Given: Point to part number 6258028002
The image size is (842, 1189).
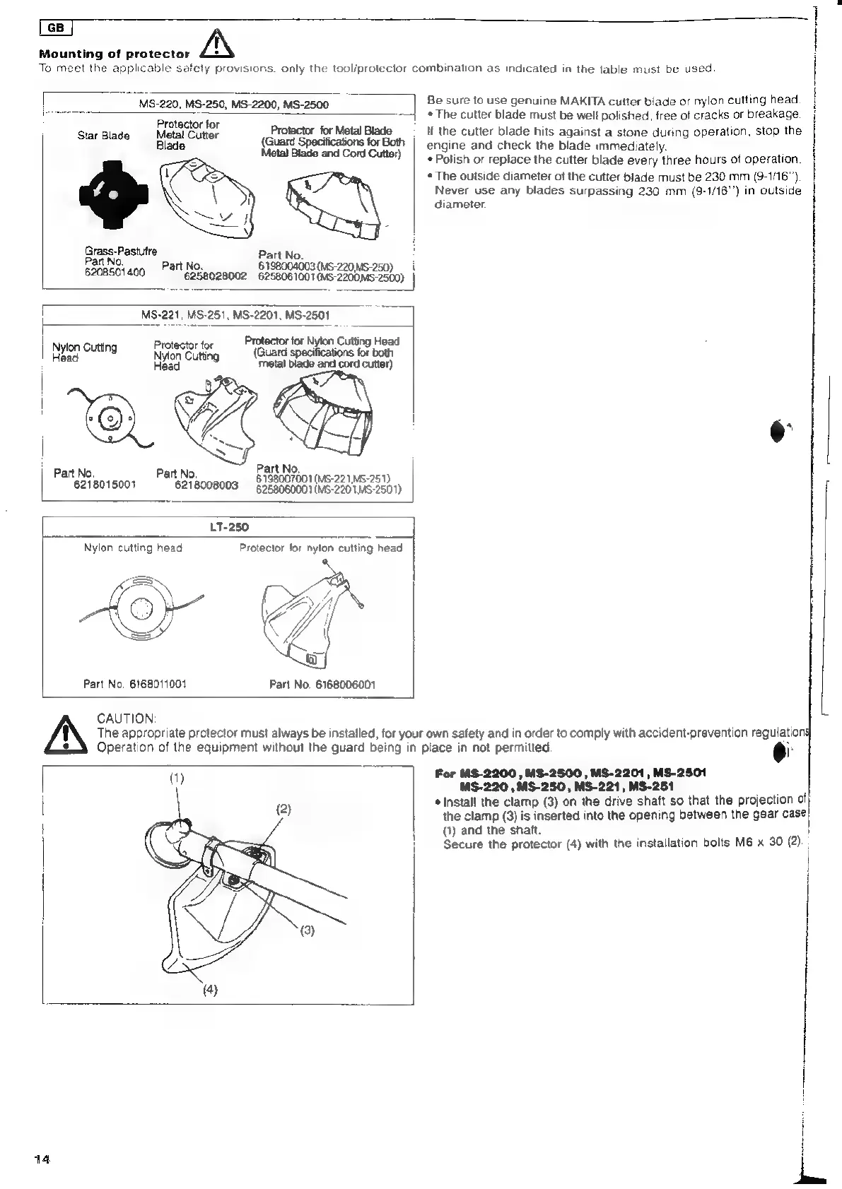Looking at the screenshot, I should click(x=215, y=277).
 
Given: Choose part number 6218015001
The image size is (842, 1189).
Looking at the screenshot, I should click(x=105, y=485).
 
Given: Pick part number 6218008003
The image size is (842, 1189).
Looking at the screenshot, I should click(x=207, y=485).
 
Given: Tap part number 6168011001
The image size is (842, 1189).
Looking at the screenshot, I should click(x=135, y=684).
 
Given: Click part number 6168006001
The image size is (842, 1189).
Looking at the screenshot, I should click(x=322, y=684).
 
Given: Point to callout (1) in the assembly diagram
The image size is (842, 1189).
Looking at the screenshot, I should click(x=176, y=779).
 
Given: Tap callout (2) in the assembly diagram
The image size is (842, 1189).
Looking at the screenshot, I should click(x=283, y=809).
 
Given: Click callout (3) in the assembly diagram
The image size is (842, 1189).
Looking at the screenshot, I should click(x=307, y=930).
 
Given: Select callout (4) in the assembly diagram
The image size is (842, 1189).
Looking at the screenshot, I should click(x=209, y=989).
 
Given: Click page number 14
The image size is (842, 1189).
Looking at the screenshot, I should click(x=42, y=1159).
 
